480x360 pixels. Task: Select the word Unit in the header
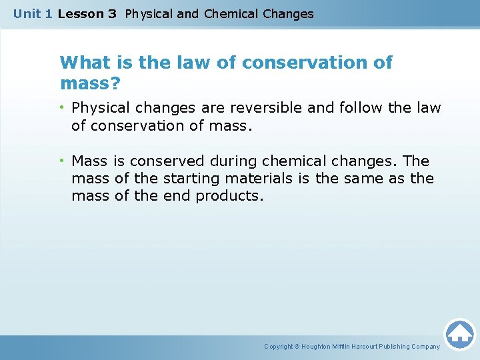(x=27, y=14)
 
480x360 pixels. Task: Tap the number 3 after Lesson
(x=112, y=14)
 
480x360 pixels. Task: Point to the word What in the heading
(x=82, y=63)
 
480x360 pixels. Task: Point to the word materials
(x=259, y=179)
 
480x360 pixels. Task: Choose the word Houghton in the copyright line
(x=323, y=347)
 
